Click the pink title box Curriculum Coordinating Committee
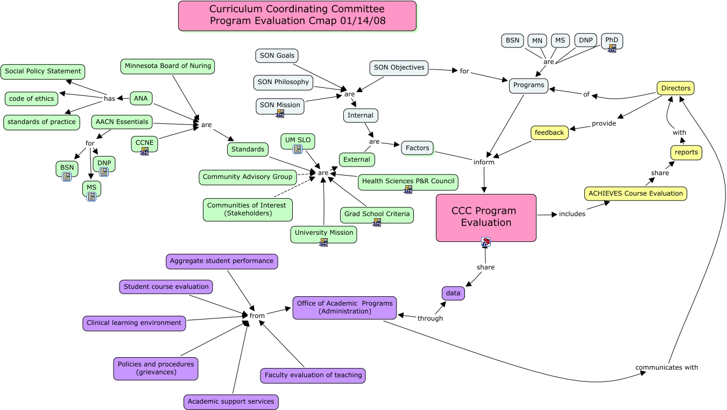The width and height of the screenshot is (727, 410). tap(297, 16)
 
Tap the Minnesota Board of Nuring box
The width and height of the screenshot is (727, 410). tap(167, 66)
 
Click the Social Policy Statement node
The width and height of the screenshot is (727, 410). tap(43, 71)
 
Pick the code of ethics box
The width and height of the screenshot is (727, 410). tap(32, 99)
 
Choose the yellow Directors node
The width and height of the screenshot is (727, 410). tap(675, 88)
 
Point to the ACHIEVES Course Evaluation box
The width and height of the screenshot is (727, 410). tap(636, 193)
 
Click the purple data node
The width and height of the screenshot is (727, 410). tap(453, 293)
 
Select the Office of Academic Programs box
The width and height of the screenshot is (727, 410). tap(344, 307)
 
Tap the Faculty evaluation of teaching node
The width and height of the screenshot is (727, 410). tap(313, 376)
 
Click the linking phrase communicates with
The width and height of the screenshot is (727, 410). tap(666, 367)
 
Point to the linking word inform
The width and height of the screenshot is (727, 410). tap(484, 162)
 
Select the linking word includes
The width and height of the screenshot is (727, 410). tap(571, 214)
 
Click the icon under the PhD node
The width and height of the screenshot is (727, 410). tap(612, 48)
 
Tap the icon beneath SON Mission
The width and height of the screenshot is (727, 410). tap(280, 114)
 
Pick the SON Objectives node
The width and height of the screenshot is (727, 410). tap(399, 68)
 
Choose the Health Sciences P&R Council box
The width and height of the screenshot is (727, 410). tap(408, 182)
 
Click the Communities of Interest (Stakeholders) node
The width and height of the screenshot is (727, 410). tap(248, 209)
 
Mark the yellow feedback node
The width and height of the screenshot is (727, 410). tap(549, 133)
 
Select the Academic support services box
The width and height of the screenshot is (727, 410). tap(231, 401)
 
